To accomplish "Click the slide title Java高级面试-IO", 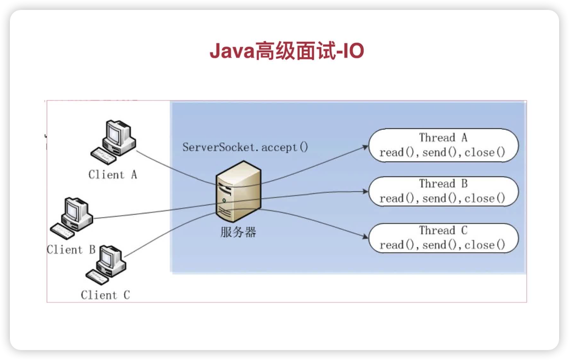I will [x=286, y=52].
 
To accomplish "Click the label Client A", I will [x=112, y=175].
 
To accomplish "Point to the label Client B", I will [x=71, y=250].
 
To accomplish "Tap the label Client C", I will [x=105, y=295].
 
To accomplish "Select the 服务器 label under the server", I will [x=238, y=232].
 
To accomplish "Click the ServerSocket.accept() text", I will [x=245, y=147].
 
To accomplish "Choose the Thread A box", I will [x=443, y=145].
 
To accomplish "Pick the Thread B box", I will [x=443, y=191].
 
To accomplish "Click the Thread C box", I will [x=443, y=237].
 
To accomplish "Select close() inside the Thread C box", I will [x=484, y=245].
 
